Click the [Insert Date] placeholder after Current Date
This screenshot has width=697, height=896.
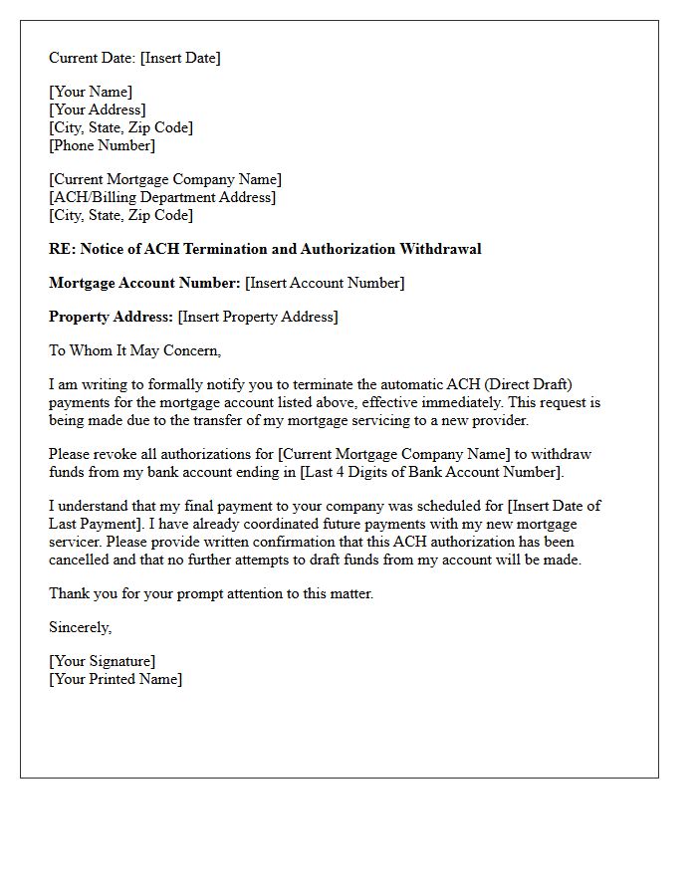point(180,58)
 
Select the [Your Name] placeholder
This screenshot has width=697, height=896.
point(91,93)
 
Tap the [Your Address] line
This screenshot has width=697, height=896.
point(98,111)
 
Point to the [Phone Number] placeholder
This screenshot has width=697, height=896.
point(103,146)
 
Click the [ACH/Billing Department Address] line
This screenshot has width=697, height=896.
point(162,198)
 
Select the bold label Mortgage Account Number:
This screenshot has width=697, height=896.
point(144,284)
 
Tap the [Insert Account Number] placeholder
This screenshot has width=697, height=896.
point(325,284)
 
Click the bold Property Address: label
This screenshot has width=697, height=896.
point(111,318)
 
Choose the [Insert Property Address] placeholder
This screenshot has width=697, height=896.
point(258,318)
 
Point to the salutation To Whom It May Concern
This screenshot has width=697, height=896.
point(134,351)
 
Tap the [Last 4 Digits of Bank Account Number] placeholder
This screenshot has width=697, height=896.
point(431,472)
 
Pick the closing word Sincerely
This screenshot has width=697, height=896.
point(80,628)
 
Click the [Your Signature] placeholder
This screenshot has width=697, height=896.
point(102,662)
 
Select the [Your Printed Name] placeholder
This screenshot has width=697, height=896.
point(116,680)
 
